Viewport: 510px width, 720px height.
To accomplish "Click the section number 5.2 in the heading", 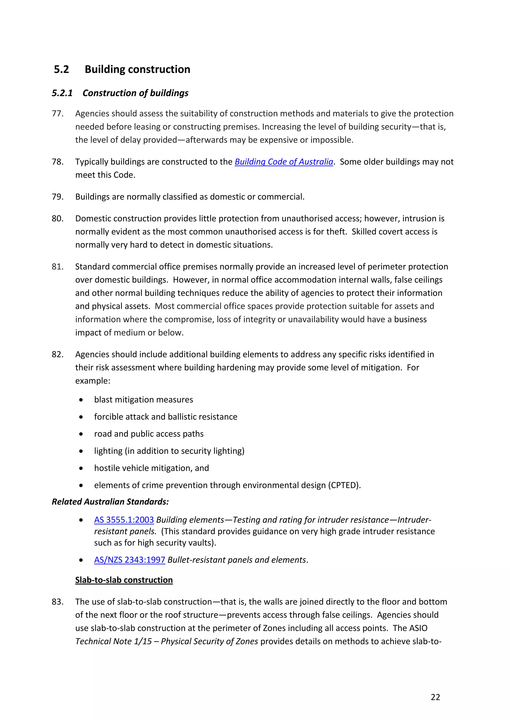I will (61, 69).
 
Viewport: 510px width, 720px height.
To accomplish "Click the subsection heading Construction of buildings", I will (135, 93).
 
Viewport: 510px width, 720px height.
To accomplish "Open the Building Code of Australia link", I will (284, 162).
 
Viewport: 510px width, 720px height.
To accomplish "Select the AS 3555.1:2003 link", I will (124, 520).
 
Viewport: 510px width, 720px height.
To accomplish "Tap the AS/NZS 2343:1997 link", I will (129, 560).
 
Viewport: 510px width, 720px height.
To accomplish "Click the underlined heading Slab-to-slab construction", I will (124, 580).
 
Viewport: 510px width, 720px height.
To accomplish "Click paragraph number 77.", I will (58, 114).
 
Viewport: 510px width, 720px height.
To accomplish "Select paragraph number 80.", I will (58, 219).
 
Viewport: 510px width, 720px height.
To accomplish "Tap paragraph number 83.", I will (58, 602).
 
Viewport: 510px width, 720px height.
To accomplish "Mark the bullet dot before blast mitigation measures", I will (81, 400).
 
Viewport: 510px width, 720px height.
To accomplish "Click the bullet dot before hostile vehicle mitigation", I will (81, 468).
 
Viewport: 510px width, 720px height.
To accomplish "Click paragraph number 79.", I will (58, 197).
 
